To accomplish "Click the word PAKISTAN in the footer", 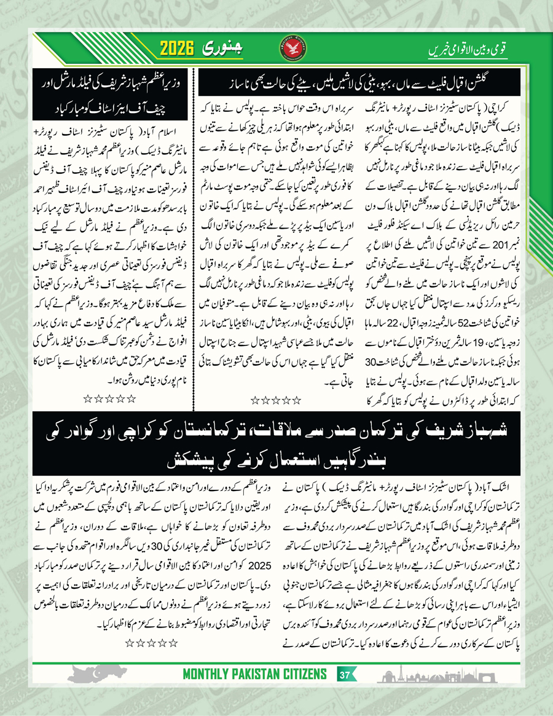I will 254,675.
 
